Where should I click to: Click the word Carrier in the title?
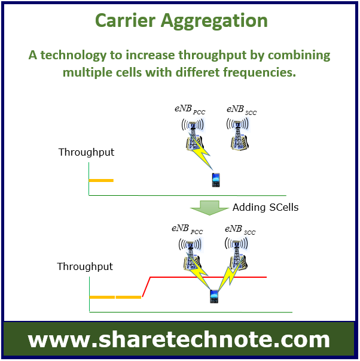tap(126, 20)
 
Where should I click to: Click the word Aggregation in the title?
tap(214, 22)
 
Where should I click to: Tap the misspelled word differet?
tap(198, 72)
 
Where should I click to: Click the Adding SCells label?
tap(266, 207)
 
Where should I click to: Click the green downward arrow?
tap(209, 208)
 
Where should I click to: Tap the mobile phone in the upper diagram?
tap(215, 180)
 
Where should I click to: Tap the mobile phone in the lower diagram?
tap(214, 296)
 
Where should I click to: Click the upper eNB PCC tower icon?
tap(193, 135)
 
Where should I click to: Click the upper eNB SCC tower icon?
tap(238, 134)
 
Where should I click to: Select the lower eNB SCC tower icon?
tap(237, 254)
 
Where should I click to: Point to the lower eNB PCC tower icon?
tap(191, 255)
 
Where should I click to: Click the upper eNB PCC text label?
tap(190, 110)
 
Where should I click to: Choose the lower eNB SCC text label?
tap(240, 230)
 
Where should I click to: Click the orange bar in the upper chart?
tap(101, 181)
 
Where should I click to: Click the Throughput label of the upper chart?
tap(86, 152)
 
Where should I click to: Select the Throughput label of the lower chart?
tap(85, 266)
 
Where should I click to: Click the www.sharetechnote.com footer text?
tap(179, 339)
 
